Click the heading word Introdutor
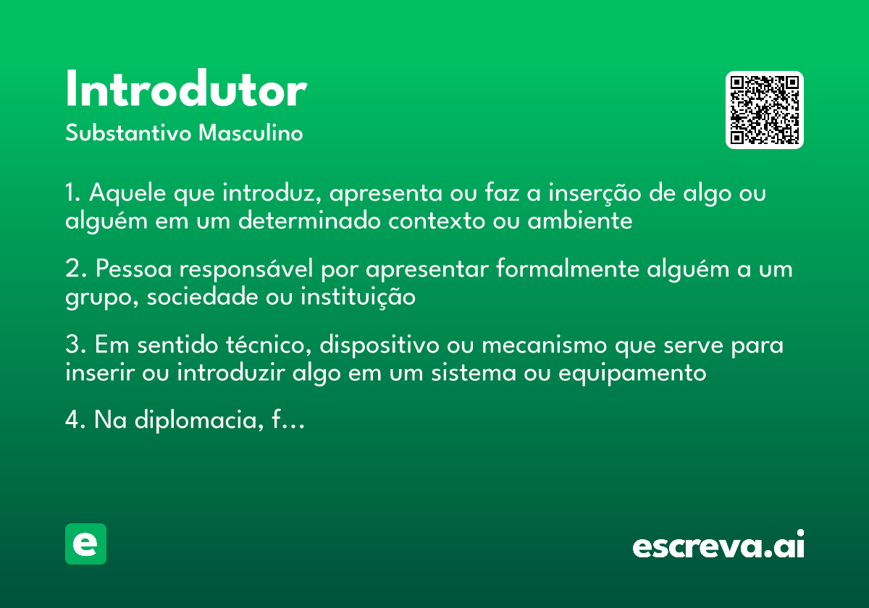tap(186, 90)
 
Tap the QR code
tap(765, 110)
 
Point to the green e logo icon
tap(85, 544)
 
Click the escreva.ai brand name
tap(718, 546)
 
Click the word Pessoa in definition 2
tap(134, 269)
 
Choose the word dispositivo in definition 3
tap(379, 346)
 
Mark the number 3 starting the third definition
tap(71, 346)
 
